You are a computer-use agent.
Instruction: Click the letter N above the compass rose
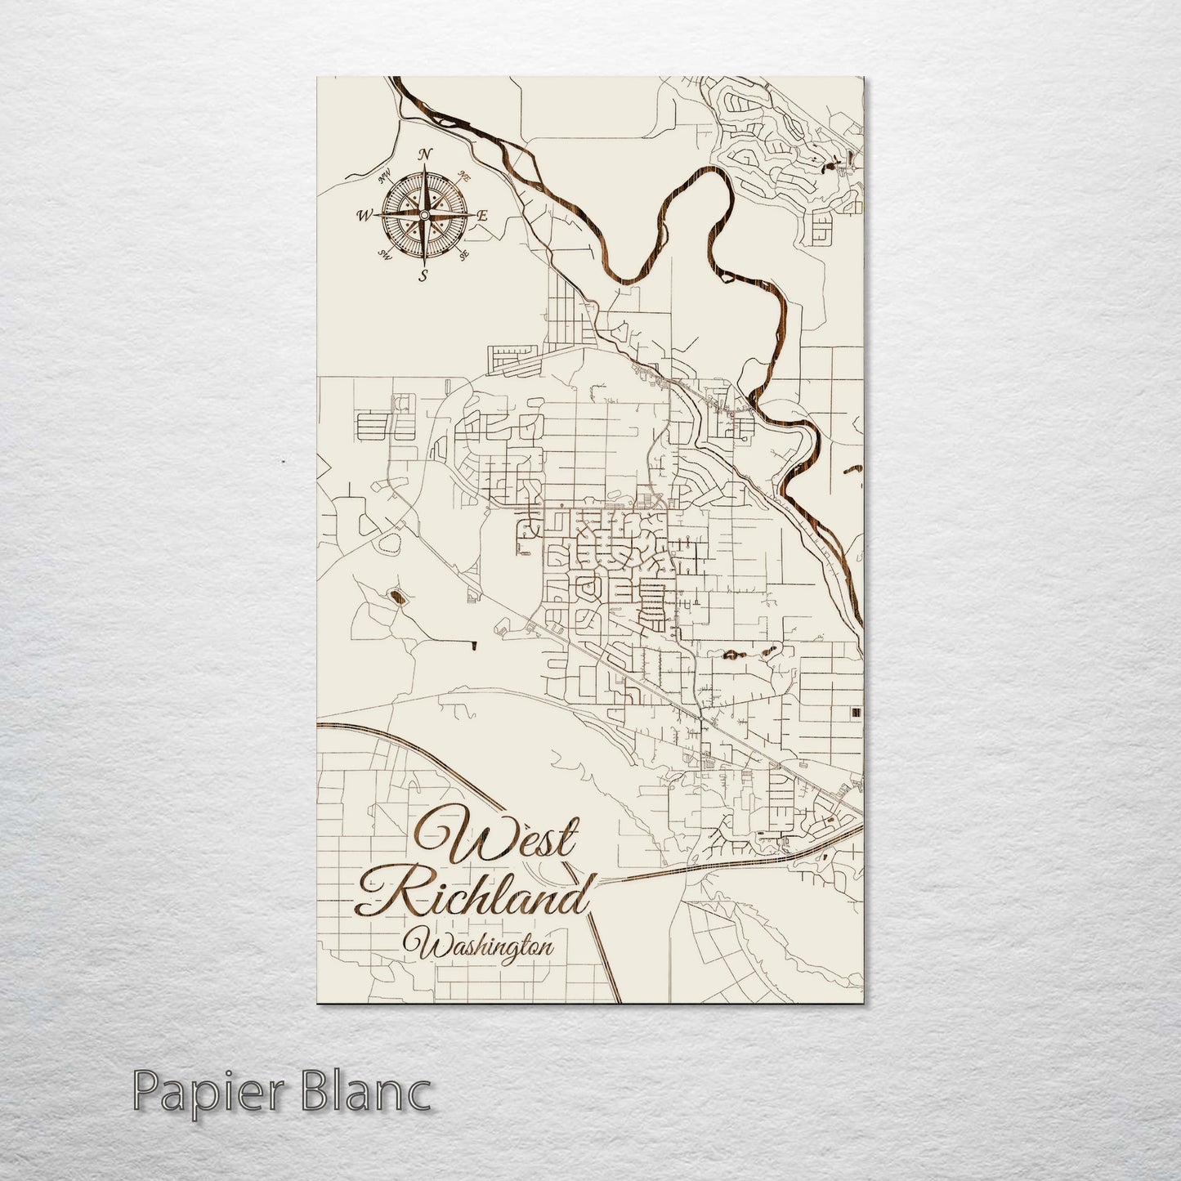424,155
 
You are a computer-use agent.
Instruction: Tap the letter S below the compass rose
423,275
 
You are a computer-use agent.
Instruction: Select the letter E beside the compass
482,217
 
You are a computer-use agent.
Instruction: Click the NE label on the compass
465,175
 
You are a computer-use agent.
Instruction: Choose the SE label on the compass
465,257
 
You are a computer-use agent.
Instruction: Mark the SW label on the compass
383,256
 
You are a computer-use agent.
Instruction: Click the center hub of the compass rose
423,215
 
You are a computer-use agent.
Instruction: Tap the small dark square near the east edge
856,713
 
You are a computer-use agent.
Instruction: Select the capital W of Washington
432,947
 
